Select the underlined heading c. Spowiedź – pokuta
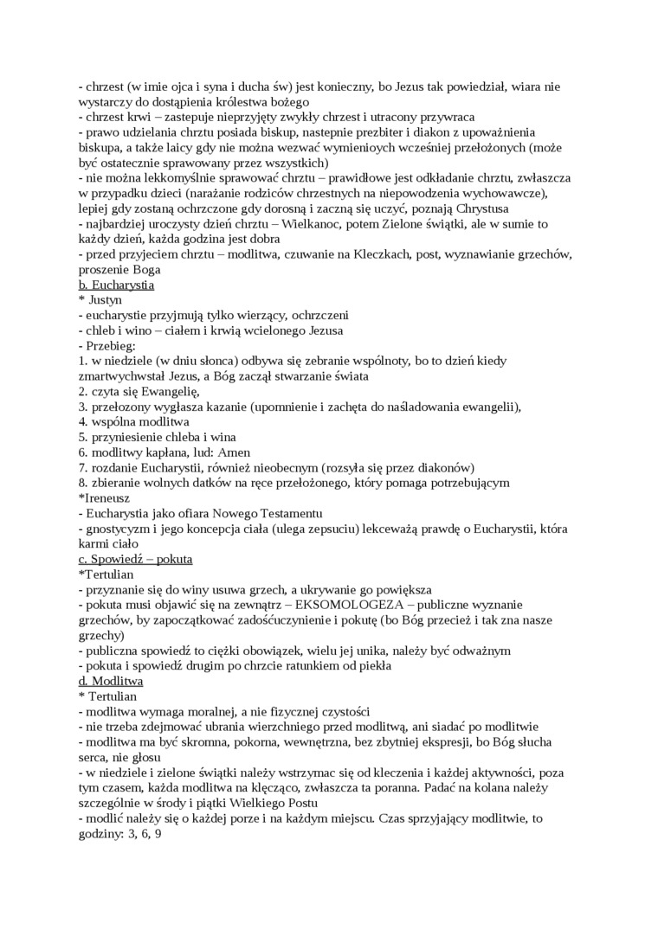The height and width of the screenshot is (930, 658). point(135,559)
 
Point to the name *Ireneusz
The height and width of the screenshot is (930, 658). point(107,497)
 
